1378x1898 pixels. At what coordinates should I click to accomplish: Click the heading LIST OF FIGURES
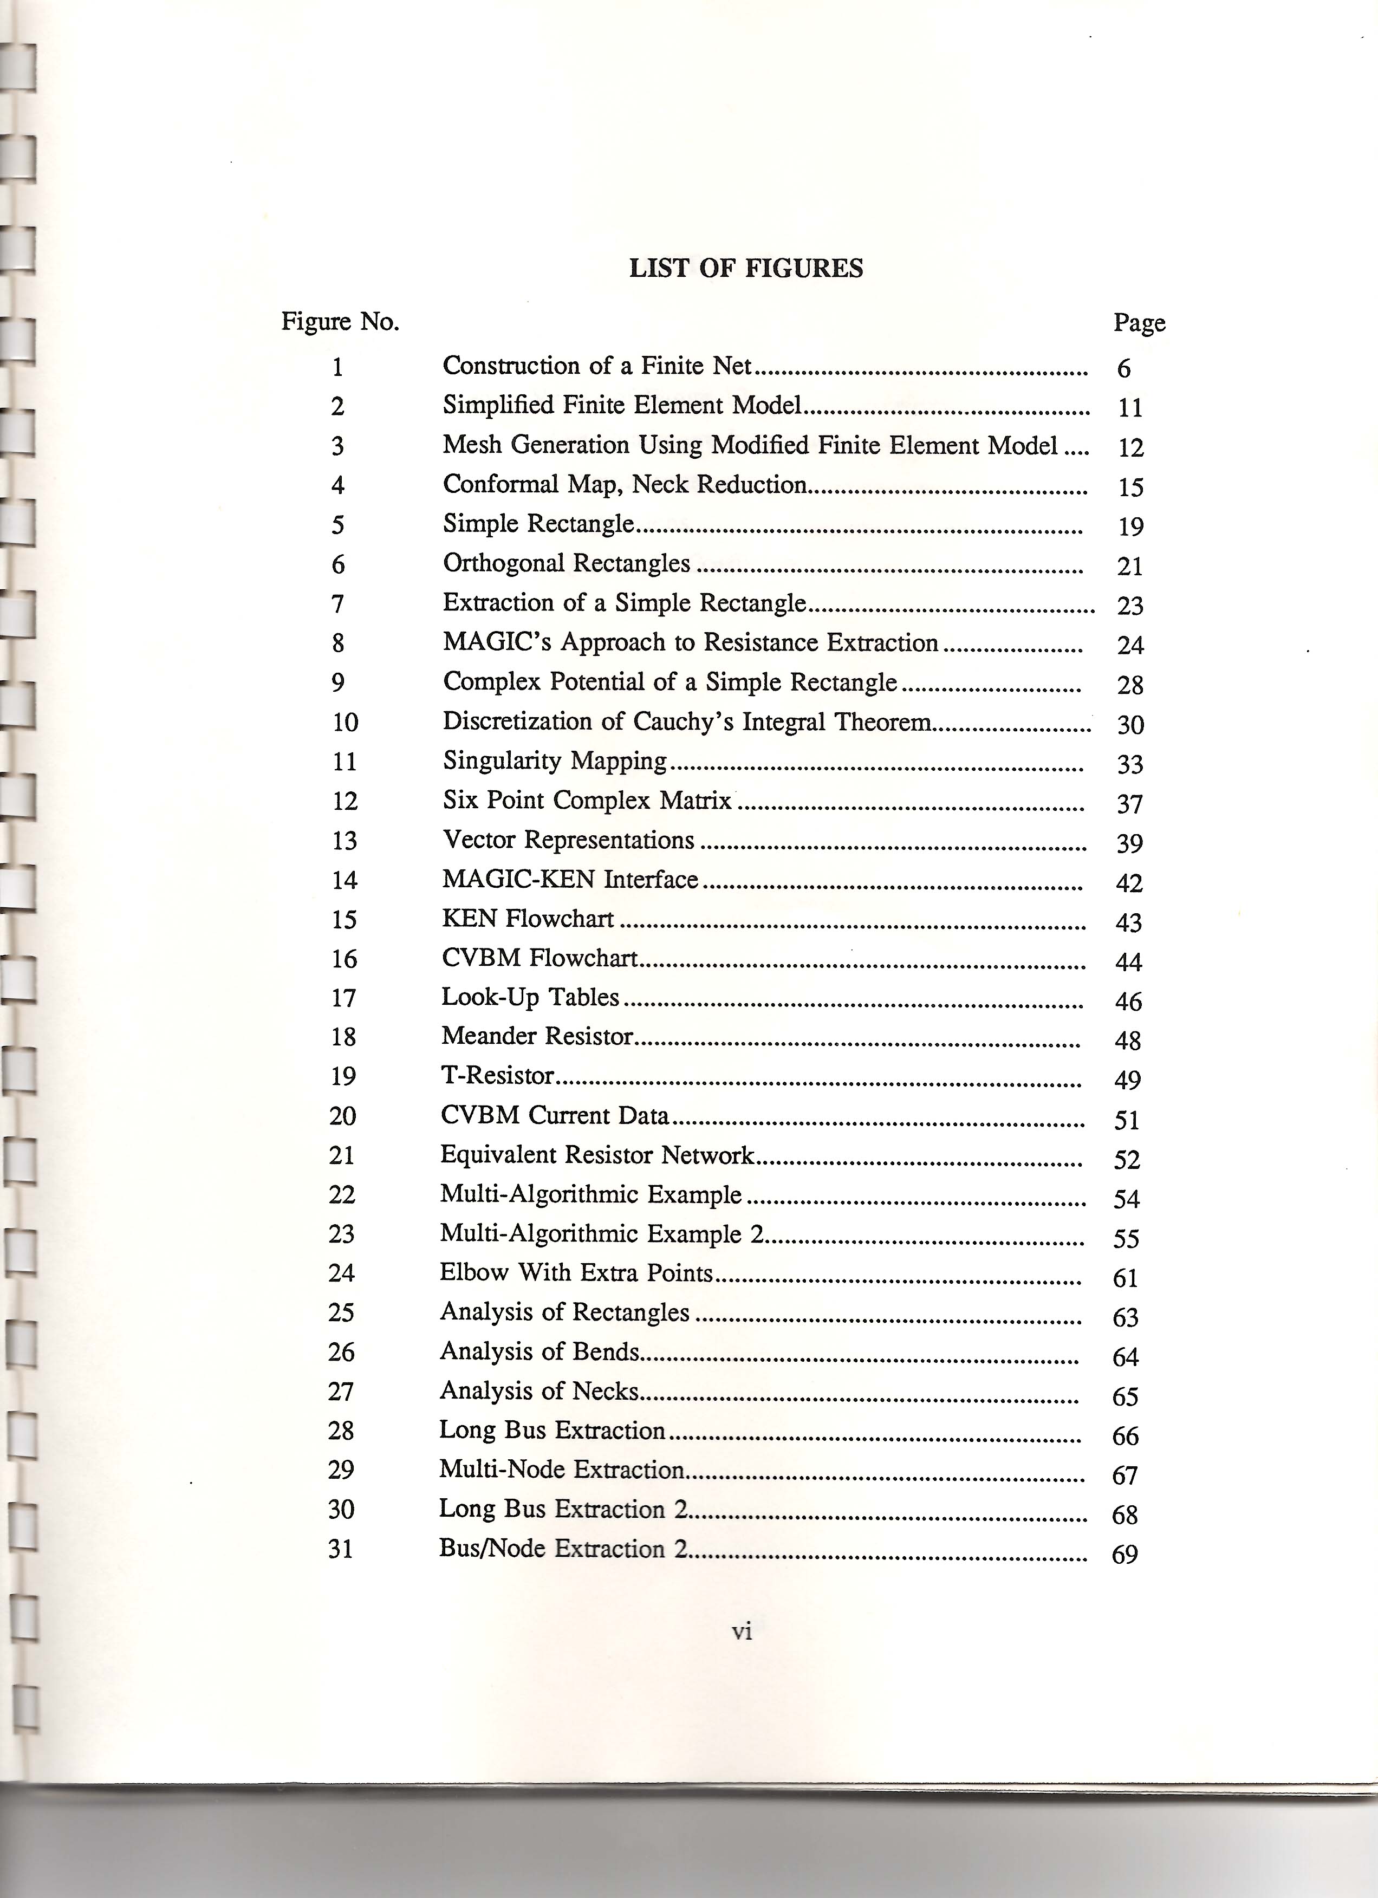coord(745,269)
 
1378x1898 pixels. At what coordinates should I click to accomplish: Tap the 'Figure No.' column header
coord(340,321)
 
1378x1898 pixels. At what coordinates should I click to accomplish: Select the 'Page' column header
coord(1139,323)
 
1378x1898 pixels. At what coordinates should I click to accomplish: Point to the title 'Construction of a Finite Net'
coord(596,366)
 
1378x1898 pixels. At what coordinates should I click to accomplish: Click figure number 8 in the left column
coord(338,643)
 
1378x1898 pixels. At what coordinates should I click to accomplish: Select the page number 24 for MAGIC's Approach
coord(1129,645)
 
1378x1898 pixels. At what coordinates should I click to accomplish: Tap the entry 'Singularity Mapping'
coord(555,760)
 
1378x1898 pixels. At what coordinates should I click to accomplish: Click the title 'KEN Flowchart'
coord(528,919)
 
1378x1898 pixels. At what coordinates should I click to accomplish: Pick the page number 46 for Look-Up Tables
coord(1128,1002)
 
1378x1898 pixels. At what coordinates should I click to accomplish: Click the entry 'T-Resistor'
coord(498,1075)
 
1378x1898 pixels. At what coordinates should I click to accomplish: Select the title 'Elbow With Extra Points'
coord(576,1273)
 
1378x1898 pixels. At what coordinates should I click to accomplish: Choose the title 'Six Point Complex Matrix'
coord(587,801)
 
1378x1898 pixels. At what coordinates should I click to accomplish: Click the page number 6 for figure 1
coord(1123,368)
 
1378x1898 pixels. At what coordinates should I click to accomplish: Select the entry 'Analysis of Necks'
coord(539,1391)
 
